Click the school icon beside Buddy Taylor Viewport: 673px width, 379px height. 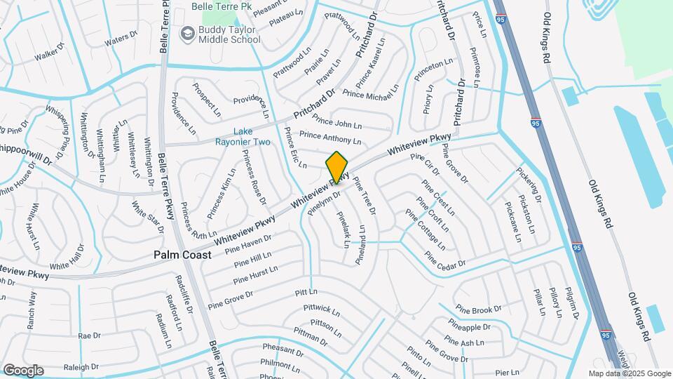coord(187,33)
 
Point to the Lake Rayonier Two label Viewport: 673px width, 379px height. coord(252,136)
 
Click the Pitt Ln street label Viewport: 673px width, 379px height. coord(306,291)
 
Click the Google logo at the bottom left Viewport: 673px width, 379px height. coord(23,370)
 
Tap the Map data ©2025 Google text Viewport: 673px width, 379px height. coord(629,373)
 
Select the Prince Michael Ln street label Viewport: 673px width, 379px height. coord(371,94)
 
